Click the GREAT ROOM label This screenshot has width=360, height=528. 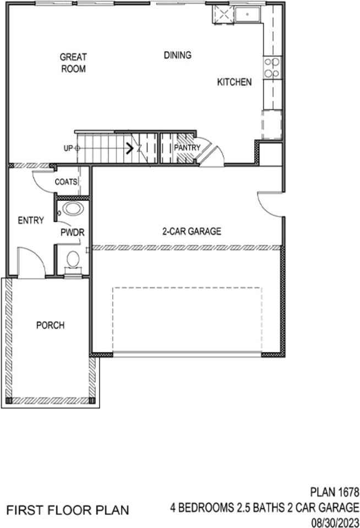73,62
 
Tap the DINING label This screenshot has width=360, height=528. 177,55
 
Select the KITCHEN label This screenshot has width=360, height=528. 234,82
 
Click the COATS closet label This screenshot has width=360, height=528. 66,182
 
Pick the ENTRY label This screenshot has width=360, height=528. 31,221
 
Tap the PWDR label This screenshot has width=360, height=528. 72,233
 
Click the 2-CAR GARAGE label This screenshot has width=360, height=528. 192,232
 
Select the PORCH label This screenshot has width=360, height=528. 50,325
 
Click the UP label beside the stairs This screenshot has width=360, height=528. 68,148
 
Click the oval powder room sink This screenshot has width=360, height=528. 72,209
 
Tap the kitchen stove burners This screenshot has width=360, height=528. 271,68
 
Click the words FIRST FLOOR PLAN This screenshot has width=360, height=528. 68,509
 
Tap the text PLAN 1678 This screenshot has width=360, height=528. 334,491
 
